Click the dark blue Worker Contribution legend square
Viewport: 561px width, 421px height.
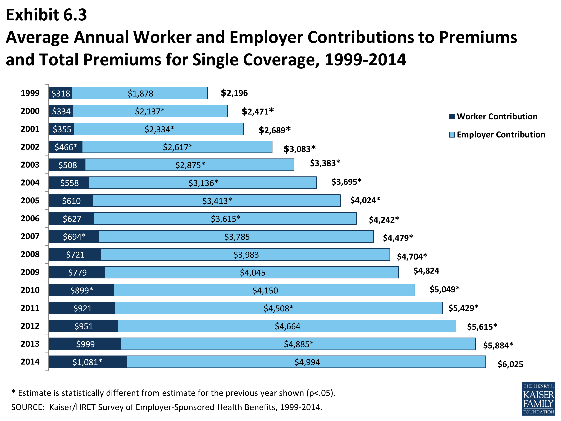point(452,117)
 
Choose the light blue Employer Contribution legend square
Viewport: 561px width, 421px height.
point(452,135)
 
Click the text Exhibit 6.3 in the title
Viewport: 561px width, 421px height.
point(46,15)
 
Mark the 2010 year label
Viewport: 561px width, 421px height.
point(30,290)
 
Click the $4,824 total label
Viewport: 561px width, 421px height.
point(426,271)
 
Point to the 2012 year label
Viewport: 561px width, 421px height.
point(30,326)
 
